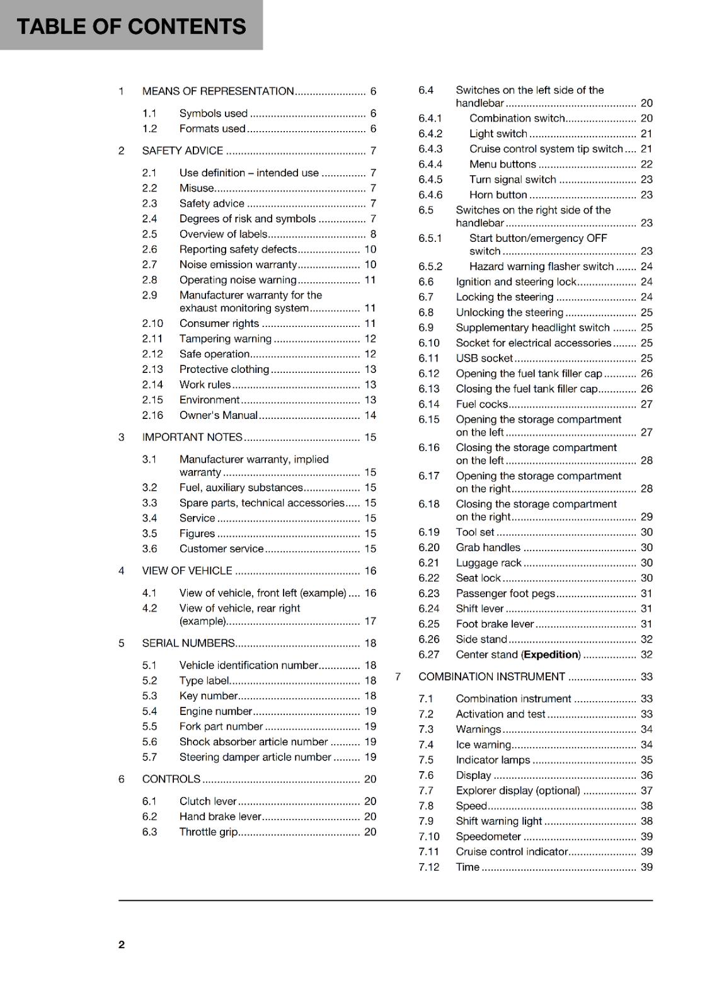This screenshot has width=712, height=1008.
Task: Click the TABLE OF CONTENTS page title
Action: coord(131,26)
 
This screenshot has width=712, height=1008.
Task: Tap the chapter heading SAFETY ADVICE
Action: coord(182,151)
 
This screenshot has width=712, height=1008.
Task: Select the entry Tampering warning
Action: coord(225,339)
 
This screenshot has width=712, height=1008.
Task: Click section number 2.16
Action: coord(152,415)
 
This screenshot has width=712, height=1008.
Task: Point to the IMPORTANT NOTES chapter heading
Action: coord(192,437)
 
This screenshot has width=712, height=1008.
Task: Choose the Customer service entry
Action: coord(221,549)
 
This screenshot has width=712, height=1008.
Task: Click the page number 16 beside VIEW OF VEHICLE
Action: coord(370,571)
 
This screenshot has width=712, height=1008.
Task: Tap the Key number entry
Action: coord(208,696)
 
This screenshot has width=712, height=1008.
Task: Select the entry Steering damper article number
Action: coord(255,757)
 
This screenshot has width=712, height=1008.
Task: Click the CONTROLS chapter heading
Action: coord(171,779)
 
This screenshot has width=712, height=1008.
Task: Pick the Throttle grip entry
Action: coord(208,832)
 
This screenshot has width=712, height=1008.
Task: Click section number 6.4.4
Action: coord(430,164)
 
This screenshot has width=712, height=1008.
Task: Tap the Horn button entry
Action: coord(498,195)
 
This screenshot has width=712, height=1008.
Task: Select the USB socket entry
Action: coord(484,358)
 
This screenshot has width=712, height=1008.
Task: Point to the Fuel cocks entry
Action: coord(481,404)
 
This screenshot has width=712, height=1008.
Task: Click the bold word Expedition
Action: coord(551,655)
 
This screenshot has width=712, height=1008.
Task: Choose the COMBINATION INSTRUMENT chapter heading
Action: coord(491,677)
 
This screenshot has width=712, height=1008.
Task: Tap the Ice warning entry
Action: coord(483,745)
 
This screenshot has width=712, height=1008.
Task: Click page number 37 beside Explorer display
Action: coord(646,791)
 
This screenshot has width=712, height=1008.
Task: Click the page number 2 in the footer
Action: coord(122,944)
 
